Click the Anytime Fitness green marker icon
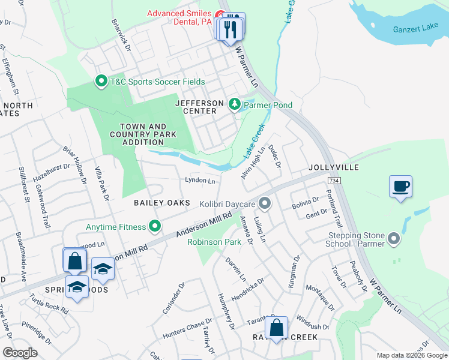coord(155,227)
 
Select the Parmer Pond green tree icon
coord(234,105)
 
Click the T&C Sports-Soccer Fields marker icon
coord(101,81)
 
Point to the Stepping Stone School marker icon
coord(394,239)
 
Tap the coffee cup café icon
coord(400,186)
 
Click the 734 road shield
coord(334,180)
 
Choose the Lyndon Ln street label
coord(200,181)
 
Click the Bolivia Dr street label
coord(306,200)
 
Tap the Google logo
coord(20,353)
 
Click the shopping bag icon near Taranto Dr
coord(276,328)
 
